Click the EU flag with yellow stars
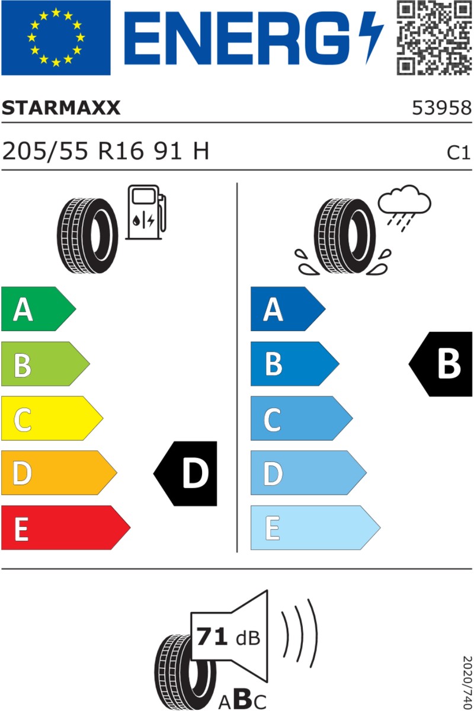point(56,38)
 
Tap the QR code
point(434,38)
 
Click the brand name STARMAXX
point(61,108)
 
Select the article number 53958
point(441,108)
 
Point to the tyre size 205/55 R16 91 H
point(105,151)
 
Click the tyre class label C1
point(458,153)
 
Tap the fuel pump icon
point(146,212)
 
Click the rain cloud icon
point(404,208)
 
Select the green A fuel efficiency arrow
point(39,309)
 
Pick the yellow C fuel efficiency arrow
point(52,418)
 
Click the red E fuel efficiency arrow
point(66,527)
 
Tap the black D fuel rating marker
point(185,473)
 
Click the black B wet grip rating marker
point(441,364)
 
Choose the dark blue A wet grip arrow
point(288,309)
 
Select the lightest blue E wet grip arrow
point(316,527)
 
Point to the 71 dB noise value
point(228,636)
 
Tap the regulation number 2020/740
point(468,682)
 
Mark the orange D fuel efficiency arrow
point(59,473)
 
